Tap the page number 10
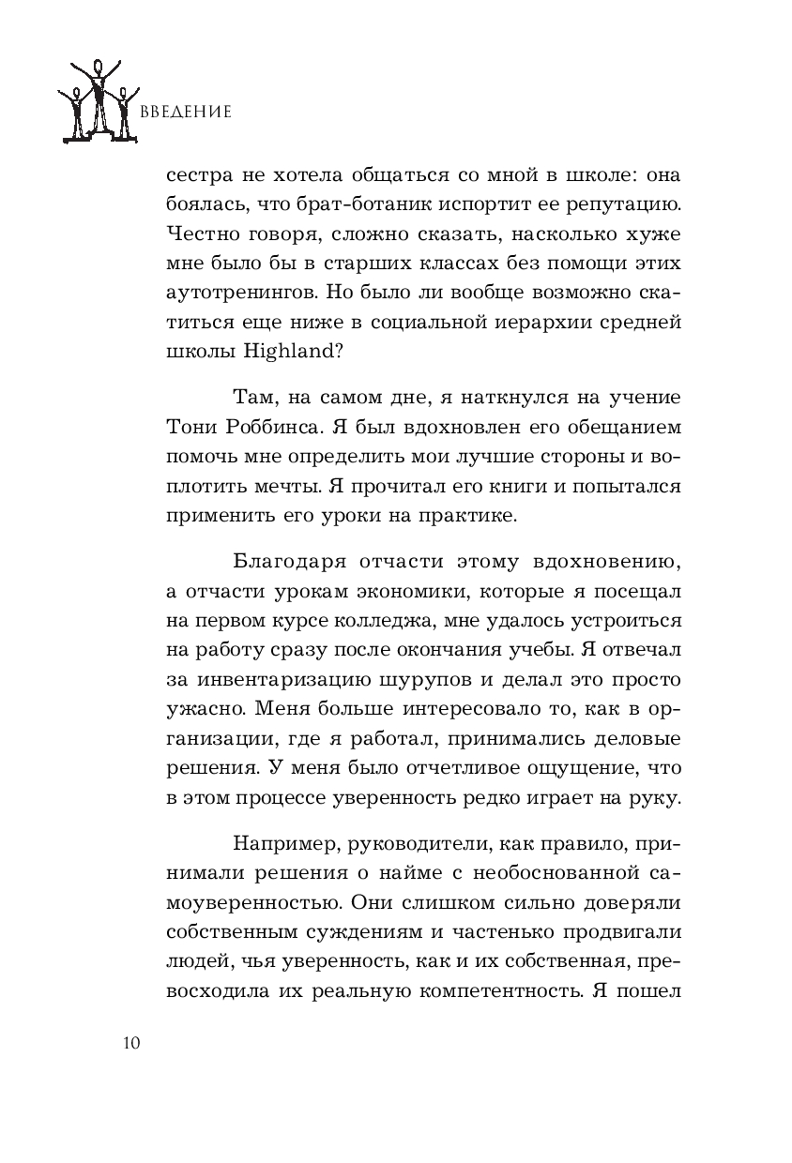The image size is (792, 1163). tap(130, 1043)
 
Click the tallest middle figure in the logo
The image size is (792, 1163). tap(98, 98)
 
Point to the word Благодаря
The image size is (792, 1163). tap(276, 563)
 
